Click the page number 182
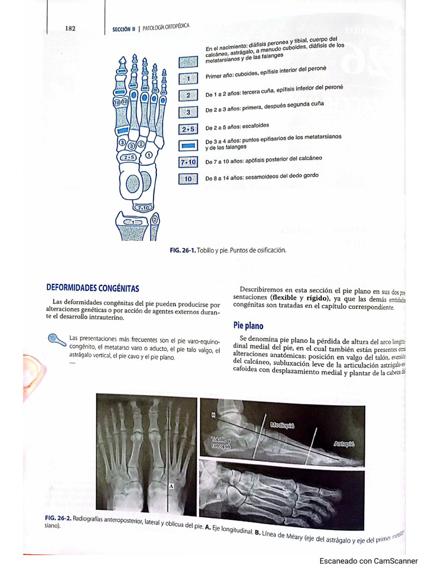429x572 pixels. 70,28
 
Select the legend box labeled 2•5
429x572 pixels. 188,130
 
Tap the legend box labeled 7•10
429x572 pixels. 188,163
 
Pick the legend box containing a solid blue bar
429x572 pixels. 188,146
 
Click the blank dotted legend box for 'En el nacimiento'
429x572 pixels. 188,62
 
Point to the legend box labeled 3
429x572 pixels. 188,112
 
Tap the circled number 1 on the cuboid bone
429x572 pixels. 148,154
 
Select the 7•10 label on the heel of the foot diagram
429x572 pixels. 140,208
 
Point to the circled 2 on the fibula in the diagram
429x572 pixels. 154,220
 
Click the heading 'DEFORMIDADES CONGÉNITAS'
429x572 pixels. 92,288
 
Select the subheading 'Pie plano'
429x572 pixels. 248,325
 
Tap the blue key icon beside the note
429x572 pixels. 57,340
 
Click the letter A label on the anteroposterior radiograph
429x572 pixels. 171,486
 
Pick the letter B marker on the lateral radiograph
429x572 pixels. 213,414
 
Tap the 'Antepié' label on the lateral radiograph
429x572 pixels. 344,444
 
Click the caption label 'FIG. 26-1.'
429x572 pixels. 182,250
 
